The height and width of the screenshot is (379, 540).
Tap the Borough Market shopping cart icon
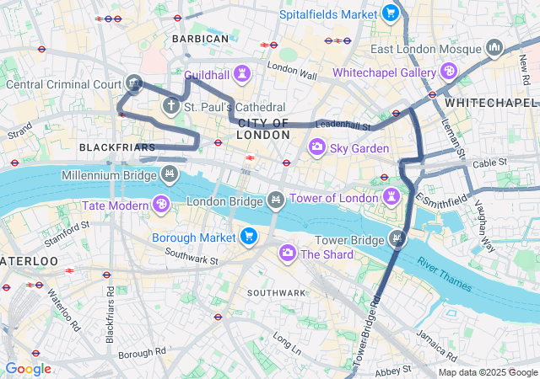tap(248, 237)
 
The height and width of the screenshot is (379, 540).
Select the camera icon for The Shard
tap(288, 253)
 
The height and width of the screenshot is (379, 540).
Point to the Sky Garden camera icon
tap(316, 148)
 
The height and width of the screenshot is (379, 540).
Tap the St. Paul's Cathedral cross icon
tap(170, 107)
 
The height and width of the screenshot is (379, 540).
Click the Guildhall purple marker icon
tap(243, 73)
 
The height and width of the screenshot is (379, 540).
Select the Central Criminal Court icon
tap(133, 83)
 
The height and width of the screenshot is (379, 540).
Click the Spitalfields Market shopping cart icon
tap(389, 13)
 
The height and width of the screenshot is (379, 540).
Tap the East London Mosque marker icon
tap(494, 47)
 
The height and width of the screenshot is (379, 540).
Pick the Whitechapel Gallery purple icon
tap(447, 72)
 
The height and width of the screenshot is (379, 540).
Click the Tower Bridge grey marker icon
tap(397, 239)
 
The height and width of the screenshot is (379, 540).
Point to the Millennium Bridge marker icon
tap(170, 174)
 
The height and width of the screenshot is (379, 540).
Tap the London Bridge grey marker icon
tap(274, 200)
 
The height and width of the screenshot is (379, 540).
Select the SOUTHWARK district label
tap(276, 292)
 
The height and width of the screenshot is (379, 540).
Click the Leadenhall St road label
tap(343, 125)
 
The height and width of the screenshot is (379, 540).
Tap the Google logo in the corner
tap(29, 369)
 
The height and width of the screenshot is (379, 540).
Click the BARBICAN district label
tap(200, 39)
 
